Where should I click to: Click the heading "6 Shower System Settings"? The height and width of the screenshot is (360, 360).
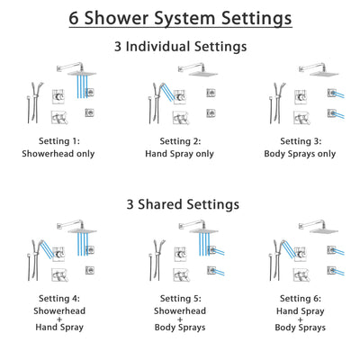pos(180,17)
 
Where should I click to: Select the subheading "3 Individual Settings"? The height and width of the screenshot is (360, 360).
pos(180,46)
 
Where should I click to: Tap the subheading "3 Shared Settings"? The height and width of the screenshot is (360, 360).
pos(180,205)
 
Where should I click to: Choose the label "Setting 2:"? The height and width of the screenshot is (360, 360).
pos(180,141)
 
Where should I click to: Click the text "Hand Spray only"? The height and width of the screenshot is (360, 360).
pos(180,154)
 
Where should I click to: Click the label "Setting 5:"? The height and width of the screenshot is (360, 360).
pos(180,300)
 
